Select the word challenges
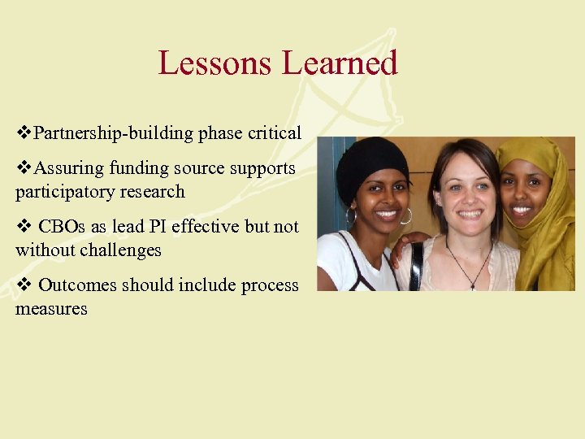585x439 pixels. tap(120, 250)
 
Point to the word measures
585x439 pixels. tap(51, 309)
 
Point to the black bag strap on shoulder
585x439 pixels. tap(417, 264)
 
